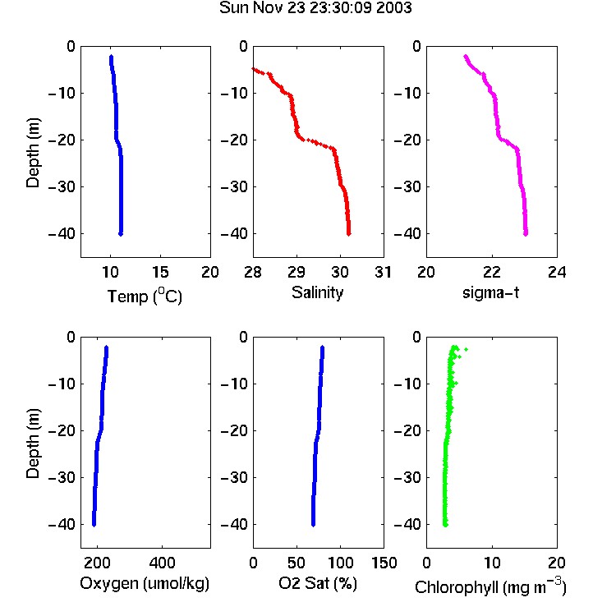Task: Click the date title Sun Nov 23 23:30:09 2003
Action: (315, 7)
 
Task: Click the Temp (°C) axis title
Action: (145, 296)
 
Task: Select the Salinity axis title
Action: (317, 292)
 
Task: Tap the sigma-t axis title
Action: (490, 292)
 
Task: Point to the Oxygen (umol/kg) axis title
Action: (145, 583)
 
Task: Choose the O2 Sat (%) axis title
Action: (318, 583)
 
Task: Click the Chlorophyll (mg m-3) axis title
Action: (490, 586)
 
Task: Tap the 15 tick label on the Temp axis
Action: (160, 272)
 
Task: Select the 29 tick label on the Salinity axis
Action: (297, 272)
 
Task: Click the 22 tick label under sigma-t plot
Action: (491, 272)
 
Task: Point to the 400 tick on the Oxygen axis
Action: (163, 563)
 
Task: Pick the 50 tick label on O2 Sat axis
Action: (297, 563)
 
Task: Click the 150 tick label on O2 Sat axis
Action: (384, 563)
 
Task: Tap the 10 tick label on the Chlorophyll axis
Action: (491, 563)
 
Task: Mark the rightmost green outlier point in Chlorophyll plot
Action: (466, 349)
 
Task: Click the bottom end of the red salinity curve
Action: (348, 234)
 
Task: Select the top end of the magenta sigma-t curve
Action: (466, 57)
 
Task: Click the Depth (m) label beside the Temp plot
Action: (33, 153)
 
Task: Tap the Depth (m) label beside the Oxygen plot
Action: (33, 444)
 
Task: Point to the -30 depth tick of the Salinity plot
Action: (234, 186)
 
